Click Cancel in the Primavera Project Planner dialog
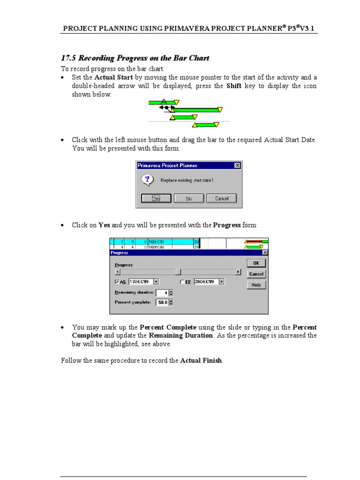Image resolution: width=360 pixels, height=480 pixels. (x=221, y=198)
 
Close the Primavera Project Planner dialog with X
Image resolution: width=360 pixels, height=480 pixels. (x=237, y=165)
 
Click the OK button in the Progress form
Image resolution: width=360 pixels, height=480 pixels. (x=256, y=263)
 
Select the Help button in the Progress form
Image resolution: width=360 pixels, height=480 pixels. (x=256, y=285)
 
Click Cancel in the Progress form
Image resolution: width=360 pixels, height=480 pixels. (x=256, y=274)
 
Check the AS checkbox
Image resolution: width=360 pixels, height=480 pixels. (x=117, y=282)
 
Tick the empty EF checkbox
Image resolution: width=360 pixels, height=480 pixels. (x=183, y=282)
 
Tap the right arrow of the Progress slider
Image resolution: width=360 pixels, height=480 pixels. (x=238, y=272)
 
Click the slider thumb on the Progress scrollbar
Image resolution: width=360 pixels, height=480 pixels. (x=178, y=272)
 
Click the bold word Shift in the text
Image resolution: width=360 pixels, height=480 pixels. (x=234, y=86)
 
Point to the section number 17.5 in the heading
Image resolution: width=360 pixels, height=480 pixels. (x=68, y=58)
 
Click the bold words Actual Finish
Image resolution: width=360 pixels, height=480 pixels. (x=201, y=361)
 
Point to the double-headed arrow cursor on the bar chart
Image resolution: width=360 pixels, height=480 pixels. (x=165, y=107)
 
